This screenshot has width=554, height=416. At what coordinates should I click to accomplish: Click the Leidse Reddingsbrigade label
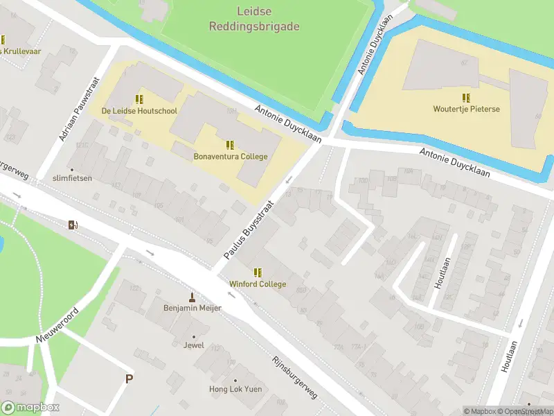coord(255,20)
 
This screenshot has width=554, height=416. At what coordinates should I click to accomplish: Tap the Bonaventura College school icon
coord(230,146)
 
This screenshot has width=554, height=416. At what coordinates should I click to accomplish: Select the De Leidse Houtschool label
coord(139,111)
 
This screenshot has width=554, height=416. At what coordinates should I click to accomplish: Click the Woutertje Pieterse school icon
coord(466,98)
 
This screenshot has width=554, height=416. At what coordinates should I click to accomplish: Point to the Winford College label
coord(258,284)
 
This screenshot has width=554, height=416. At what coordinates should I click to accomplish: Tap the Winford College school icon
coord(258,273)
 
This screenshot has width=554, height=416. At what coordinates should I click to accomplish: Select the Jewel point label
coord(194,345)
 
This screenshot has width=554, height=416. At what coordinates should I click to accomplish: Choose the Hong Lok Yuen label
coord(235,389)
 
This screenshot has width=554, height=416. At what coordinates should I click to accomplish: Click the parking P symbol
coord(128,379)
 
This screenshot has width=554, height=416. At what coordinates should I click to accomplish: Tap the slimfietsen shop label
coord(71,178)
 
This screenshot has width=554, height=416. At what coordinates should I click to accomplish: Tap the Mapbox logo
coord(30,408)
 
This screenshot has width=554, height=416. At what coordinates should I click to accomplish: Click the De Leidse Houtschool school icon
coord(139,99)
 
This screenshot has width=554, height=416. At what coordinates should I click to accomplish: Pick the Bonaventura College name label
coord(231,157)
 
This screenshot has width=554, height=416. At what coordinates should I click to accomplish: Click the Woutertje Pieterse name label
coord(466,110)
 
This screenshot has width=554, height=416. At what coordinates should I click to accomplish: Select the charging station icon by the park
coord(73,224)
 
